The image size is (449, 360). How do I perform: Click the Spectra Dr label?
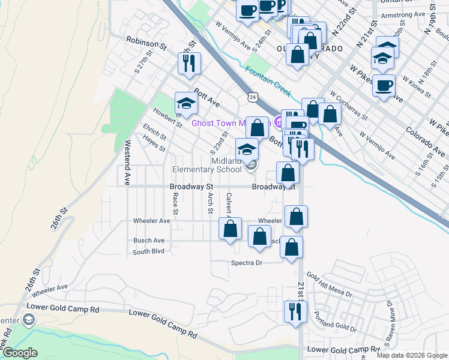click(x=247, y=263)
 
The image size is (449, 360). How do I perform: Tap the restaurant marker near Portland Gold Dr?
click(x=295, y=311)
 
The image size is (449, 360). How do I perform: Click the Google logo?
click(x=20, y=353)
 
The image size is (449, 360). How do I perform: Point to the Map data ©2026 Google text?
click(x=412, y=355)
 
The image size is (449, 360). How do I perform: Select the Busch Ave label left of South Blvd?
click(x=149, y=241)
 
